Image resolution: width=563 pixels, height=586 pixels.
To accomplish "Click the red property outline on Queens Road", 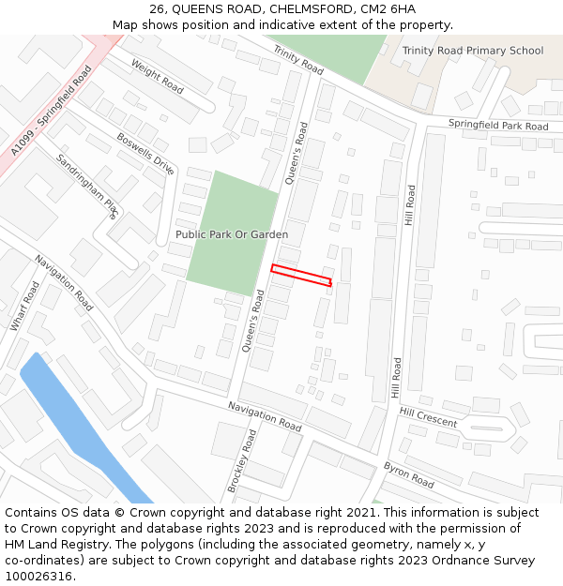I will (301, 276).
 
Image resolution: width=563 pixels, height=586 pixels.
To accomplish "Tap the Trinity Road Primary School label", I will (472, 51).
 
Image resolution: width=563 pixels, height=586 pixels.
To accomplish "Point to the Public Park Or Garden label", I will (232, 234).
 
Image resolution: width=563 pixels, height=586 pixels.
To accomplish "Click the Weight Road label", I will (158, 76).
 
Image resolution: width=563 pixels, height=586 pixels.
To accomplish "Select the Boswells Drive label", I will (145, 154).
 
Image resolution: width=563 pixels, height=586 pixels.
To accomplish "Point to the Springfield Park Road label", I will (497, 125).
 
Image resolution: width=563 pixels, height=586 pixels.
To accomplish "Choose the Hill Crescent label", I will (428, 416).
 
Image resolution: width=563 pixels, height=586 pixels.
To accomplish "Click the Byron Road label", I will (408, 474).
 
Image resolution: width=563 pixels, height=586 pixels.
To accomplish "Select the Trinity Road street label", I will (297, 60).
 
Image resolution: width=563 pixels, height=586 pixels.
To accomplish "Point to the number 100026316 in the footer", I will (39, 577).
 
